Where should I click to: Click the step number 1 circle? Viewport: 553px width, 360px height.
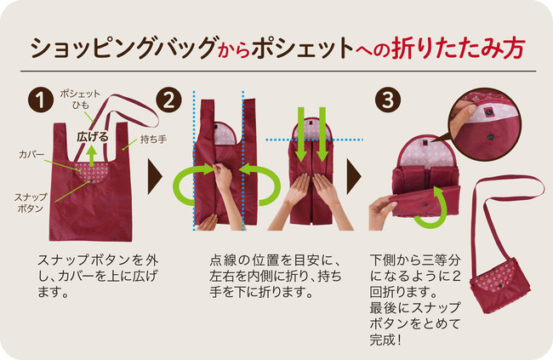(x=41, y=100)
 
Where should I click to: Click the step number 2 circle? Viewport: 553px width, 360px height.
(x=168, y=100)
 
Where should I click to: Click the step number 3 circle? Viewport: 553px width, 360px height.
(x=388, y=100)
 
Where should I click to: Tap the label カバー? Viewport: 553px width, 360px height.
(x=31, y=155)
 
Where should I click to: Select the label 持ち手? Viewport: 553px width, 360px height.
(x=153, y=140)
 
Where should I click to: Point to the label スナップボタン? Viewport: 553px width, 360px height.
(x=31, y=203)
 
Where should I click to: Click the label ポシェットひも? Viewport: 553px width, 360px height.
(x=80, y=100)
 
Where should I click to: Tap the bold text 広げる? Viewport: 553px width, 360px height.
(x=93, y=137)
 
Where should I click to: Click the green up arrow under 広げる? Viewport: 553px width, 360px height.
(x=92, y=156)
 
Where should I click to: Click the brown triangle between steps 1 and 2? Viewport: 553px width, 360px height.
(x=155, y=177)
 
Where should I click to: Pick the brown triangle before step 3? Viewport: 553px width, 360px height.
(x=354, y=177)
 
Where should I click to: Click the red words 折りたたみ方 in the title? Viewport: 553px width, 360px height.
(x=459, y=48)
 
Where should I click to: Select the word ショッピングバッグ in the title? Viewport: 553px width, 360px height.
(x=123, y=48)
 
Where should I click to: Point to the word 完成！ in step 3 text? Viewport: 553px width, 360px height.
(x=385, y=340)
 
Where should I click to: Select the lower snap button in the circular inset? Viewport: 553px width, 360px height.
(x=491, y=136)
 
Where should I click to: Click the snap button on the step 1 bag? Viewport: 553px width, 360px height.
(x=91, y=180)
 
